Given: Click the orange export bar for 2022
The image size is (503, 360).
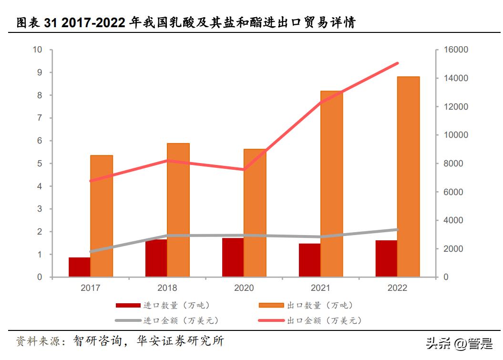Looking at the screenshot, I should pyautogui.click(x=408, y=176).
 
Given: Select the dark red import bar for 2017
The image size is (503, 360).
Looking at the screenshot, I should pyautogui.click(x=79, y=267).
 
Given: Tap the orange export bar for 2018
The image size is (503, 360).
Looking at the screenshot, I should pyautogui.click(x=178, y=210).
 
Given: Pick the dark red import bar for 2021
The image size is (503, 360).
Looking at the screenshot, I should pyautogui.click(x=309, y=260).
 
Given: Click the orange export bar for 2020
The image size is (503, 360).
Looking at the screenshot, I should pyautogui.click(x=255, y=213).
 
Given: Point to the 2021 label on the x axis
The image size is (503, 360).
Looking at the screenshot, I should pyautogui.click(x=320, y=288).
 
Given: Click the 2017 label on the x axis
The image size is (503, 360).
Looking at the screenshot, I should pyautogui.click(x=91, y=288).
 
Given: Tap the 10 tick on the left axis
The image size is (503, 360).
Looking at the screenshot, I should pyautogui.click(x=37, y=50).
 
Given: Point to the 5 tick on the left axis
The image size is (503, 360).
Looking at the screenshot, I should pyautogui.click(x=40, y=164).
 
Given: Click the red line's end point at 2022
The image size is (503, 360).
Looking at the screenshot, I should pyautogui.click(x=398, y=63).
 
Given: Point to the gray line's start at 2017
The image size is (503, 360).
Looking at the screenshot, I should pyautogui.click(x=91, y=251).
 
